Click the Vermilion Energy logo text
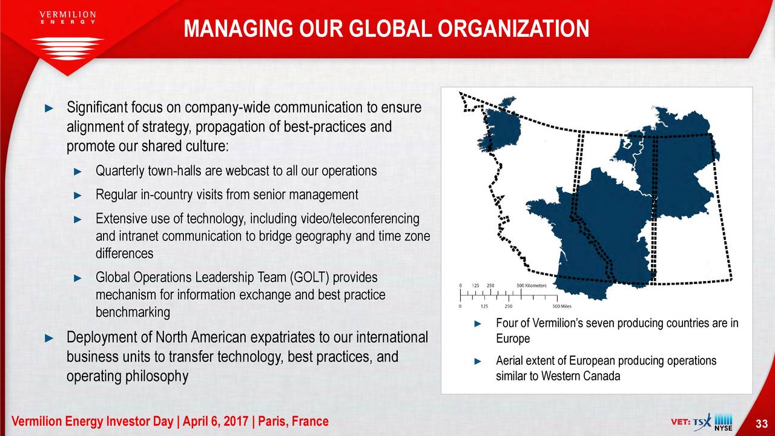click(68, 18)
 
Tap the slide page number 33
click(762, 423)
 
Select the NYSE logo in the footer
click(724, 423)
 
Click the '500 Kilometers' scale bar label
click(532, 285)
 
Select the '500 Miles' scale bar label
click(562, 306)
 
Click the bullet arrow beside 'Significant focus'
click(49, 108)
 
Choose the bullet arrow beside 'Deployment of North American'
click(49, 338)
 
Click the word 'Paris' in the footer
click(272, 421)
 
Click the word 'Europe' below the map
click(513, 339)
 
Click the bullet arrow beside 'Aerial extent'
click(478, 362)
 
